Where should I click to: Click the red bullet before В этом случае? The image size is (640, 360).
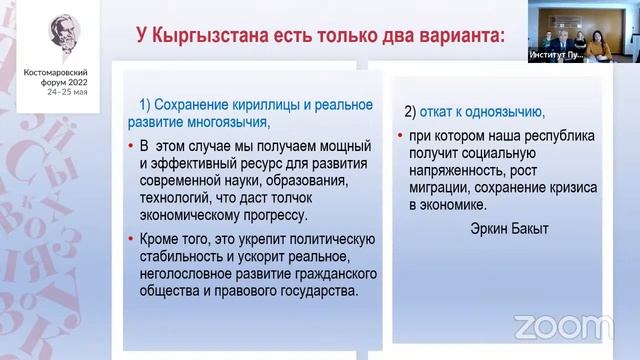pos(132,145)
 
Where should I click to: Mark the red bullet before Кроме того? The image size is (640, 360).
pos(132,238)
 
